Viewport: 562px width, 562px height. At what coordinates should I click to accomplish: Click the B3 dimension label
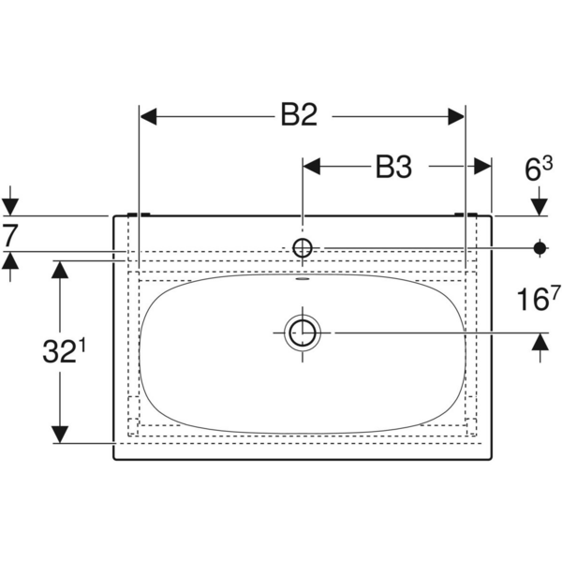click(x=394, y=167)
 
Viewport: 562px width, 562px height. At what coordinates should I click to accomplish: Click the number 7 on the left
click(x=9, y=234)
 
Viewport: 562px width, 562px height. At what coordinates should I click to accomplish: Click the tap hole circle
click(x=302, y=247)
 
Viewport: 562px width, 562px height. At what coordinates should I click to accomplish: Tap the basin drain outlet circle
click(x=302, y=332)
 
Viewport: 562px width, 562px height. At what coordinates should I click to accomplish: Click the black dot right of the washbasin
click(x=540, y=247)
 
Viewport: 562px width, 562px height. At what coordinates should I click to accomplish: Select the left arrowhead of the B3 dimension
click(x=311, y=167)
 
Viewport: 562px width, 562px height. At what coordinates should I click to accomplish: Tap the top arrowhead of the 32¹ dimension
click(x=60, y=270)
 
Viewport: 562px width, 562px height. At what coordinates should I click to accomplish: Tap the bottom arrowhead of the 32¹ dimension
click(x=60, y=434)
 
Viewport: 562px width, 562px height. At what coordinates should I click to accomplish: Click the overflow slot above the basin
click(x=302, y=278)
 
